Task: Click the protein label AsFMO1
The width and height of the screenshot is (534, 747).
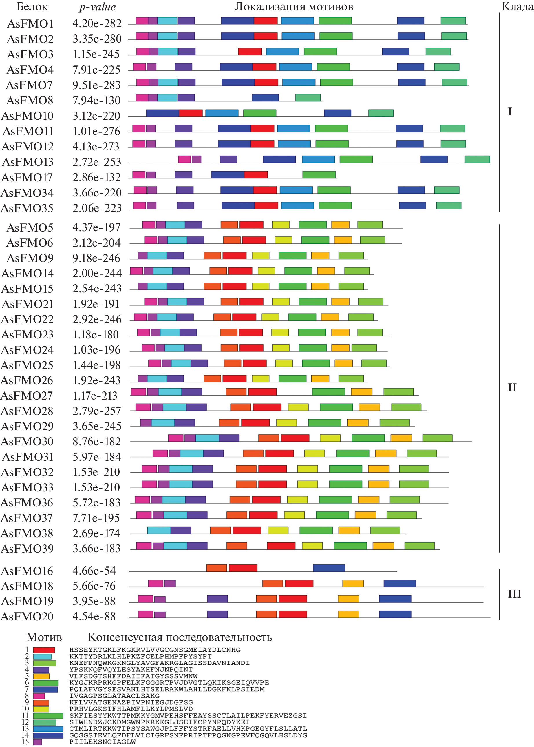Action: [x=30, y=24]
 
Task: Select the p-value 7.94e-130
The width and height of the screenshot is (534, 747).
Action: [x=96, y=100]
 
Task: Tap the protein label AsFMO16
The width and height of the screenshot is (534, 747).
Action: [x=27, y=571]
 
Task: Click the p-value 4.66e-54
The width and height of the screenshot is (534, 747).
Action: [x=94, y=571]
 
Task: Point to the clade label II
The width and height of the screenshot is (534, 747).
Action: [x=512, y=387]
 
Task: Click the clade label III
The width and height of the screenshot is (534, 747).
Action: [x=514, y=594]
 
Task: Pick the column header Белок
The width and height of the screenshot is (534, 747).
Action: [x=32, y=7]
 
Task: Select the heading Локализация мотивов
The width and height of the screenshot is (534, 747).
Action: [x=294, y=7]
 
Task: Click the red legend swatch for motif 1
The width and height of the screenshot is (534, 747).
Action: [x=44, y=650]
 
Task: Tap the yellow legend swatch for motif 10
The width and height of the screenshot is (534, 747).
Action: [x=41, y=709]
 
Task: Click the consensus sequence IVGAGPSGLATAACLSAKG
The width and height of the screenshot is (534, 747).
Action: [x=114, y=696]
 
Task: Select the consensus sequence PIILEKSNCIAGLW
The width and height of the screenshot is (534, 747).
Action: [x=102, y=742]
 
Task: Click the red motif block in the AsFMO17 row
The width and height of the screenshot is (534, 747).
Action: [x=256, y=174]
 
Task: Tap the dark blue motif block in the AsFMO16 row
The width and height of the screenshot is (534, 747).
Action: [x=329, y=568]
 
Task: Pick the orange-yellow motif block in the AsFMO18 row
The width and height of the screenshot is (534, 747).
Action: [x=353, y=583]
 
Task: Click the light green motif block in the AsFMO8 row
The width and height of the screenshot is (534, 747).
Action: [x=308, y=97]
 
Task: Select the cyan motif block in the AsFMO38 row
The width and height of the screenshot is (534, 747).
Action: [x=159, y=530]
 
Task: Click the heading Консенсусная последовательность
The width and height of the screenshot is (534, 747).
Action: [x=180, y=637]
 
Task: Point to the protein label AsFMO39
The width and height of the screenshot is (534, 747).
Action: [x=27, y=548]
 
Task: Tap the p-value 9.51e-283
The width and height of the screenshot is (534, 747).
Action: [x=96, y=85]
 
